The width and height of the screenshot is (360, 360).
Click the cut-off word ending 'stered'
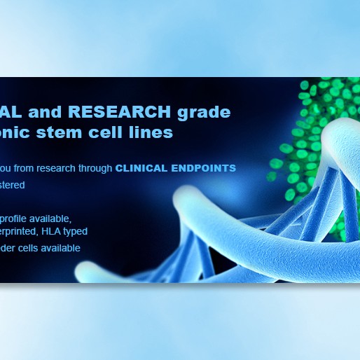tap(13, 186)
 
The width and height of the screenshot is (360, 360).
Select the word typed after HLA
tap(78, 230)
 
